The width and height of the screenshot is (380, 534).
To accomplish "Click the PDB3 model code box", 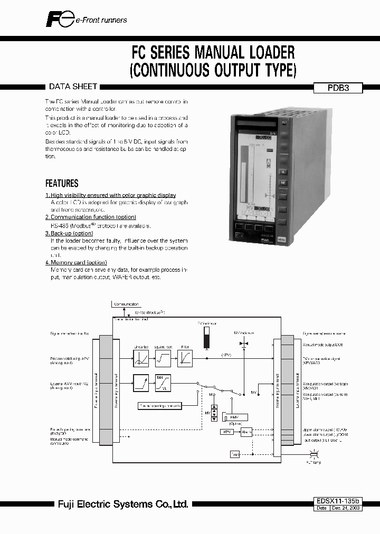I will (x=338, y=89).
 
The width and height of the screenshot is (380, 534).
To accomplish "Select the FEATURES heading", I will (x=62, y=184).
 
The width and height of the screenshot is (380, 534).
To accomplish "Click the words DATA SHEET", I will (x=72, y=87).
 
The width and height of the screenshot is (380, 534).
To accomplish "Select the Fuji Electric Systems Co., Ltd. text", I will (x=122, y=505).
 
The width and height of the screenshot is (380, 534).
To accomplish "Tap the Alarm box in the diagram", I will (x=246, y=432).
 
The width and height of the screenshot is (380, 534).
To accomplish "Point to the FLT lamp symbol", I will (x=313, y=454).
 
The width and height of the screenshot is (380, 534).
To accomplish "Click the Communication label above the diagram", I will (x=126, y=304).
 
